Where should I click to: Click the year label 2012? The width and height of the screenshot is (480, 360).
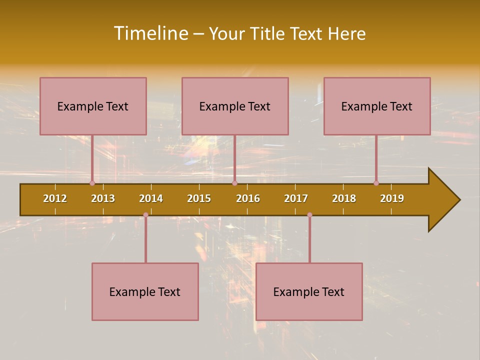[x=55, y=198]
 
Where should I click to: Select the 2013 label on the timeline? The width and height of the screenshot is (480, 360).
[x=103, y=198]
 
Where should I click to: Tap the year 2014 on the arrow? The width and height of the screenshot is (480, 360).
[x=151, y=198]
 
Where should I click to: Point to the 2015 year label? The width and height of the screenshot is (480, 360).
[x=199, y=198]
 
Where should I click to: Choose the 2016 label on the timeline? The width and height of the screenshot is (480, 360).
[x=248, y=198]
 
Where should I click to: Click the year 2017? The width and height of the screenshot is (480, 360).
[x=296, y=198]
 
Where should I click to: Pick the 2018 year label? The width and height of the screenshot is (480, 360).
[x=344, y=198]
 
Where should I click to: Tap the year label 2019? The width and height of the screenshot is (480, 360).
[x=392, y=198]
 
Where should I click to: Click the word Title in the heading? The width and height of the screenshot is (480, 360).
[x=268, y=33]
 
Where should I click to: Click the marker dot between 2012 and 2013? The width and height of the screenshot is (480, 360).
[x=92, y=183]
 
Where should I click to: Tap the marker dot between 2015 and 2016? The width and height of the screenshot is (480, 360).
[x=234, y=183]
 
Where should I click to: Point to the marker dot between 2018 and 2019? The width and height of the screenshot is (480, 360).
[x=376, y=183]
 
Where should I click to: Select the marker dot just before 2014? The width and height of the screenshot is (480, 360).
[x=145, y=215]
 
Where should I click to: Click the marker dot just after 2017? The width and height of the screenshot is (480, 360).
[x=309, y=215]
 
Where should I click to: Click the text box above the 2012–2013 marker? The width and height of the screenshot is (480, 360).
[x=93, y=106]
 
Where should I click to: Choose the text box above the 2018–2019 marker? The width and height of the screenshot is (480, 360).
[x=377, y=106]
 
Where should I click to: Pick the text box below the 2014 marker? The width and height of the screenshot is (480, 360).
[x=145, y=291]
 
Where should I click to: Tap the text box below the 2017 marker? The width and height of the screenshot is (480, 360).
[x=309, y=291]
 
